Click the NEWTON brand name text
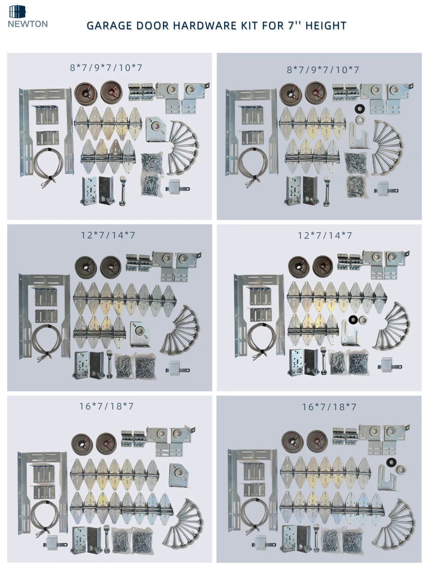(28, 24)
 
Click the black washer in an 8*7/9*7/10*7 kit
(360, 109)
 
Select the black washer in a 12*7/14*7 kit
(353, 319)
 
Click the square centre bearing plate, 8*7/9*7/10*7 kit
(156, 130)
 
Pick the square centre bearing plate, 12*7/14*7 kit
(140, 335)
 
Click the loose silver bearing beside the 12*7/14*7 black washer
(362, 320)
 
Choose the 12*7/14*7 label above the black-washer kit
(325, 236)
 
